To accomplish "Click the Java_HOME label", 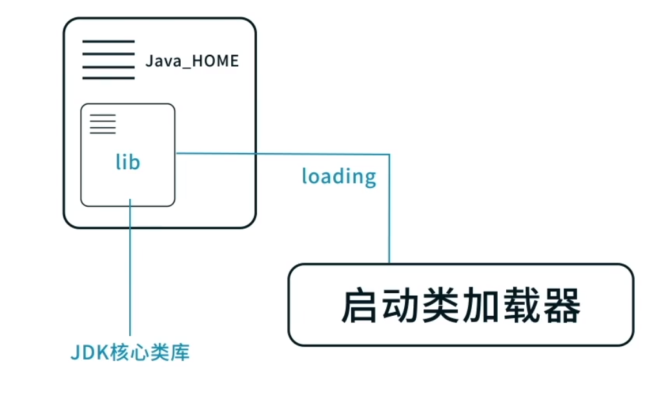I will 192,61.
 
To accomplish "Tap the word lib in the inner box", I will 128,161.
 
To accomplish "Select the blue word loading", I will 339,176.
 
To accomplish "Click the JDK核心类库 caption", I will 130,353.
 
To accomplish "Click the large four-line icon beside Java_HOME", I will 108,60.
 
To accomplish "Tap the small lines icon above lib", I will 103,124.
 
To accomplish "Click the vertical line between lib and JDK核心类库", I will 130,271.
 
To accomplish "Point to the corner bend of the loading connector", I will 389,154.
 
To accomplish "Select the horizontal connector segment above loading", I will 284,154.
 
